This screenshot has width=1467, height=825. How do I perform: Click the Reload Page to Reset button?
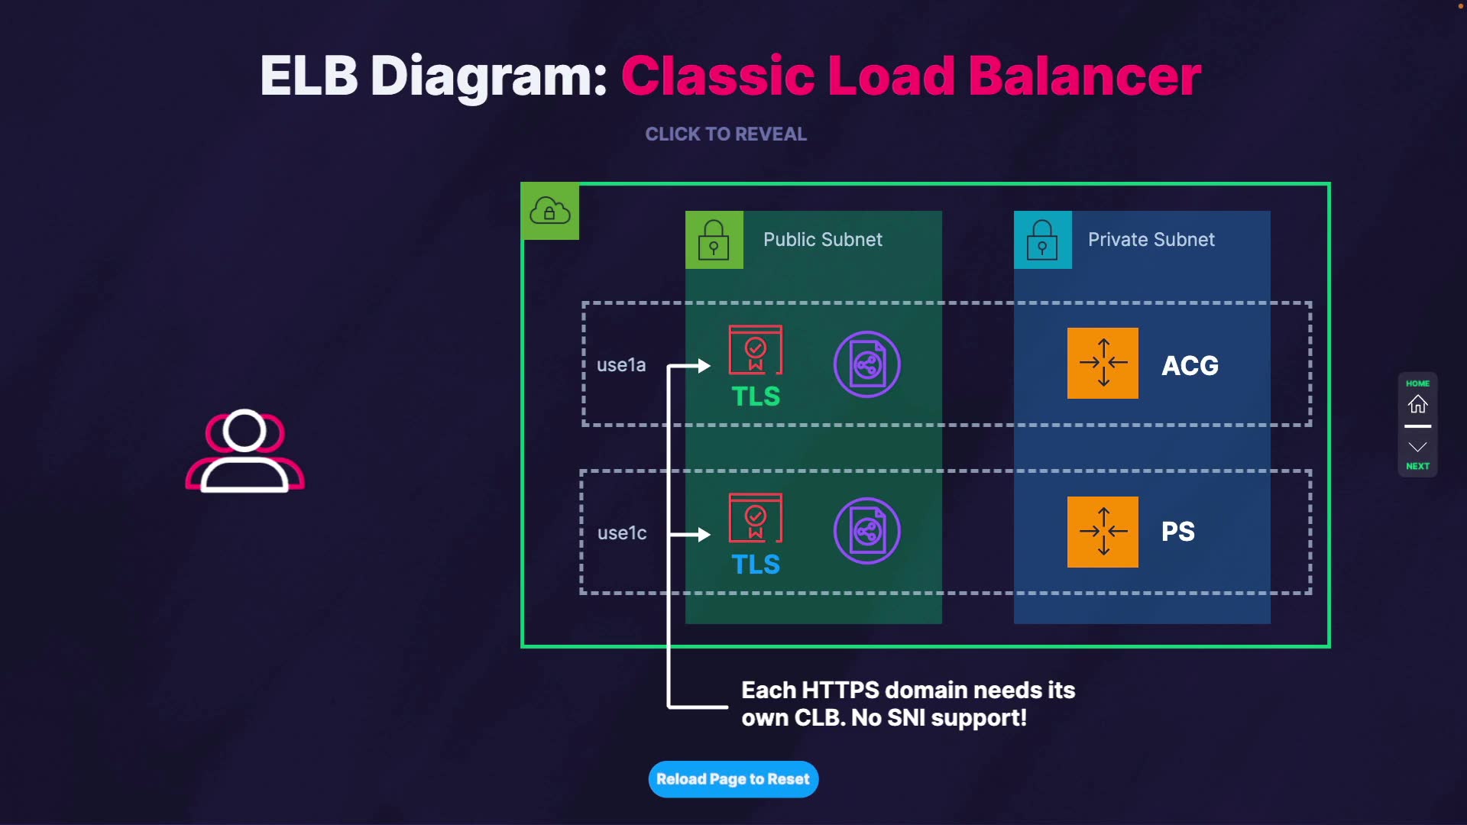pos(733,779)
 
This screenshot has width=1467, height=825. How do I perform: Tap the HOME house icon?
pos(1417,403)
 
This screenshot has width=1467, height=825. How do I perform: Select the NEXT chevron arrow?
pos(1417,447)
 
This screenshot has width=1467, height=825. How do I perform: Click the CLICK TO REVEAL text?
pos(725,134)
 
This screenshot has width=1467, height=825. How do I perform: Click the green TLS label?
pos(756,396)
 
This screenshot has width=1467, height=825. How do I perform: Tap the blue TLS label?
pos(756,565)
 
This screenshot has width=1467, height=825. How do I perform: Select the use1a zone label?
pos(620,365)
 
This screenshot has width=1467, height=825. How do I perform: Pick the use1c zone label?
pos(621,533)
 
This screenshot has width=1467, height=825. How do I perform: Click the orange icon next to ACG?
pos(1103,363)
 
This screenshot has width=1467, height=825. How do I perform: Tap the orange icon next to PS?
pos(1103,532)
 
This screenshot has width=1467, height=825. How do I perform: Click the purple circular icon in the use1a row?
pos(866,364)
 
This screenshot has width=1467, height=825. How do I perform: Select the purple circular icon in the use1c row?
pos(866,531)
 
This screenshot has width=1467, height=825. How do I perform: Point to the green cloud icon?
pos(550,211)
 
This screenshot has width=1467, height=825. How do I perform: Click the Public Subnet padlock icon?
pos(714,240)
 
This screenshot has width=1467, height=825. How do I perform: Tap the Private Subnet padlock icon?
pos(1042,240)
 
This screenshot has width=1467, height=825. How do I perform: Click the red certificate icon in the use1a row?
pos(755,350)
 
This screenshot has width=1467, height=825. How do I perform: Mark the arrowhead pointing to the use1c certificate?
pos(704,535)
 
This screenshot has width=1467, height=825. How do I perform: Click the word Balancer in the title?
pos(1084,76)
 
